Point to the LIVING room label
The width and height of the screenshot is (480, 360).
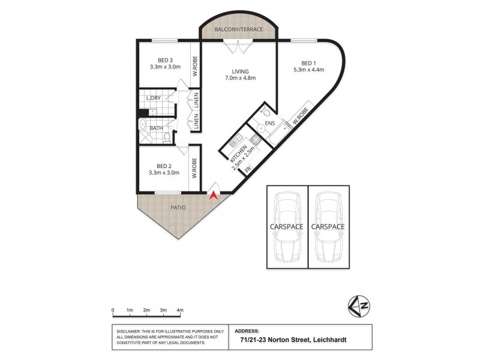pos(241,71)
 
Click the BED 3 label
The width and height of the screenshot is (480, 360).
pos(166,60)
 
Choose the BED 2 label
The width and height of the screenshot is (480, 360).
pos(164,166)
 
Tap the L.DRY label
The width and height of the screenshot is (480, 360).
pos(154,98)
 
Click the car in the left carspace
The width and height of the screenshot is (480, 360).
pos(287,227)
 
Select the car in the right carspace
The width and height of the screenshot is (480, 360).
pos(329,227)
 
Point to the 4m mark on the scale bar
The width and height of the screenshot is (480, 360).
pos(180,310)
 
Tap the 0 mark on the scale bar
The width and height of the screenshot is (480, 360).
pos(113,310)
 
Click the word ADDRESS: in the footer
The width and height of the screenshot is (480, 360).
pos(247,330)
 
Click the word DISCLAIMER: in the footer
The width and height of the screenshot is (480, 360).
pos(128,331)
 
